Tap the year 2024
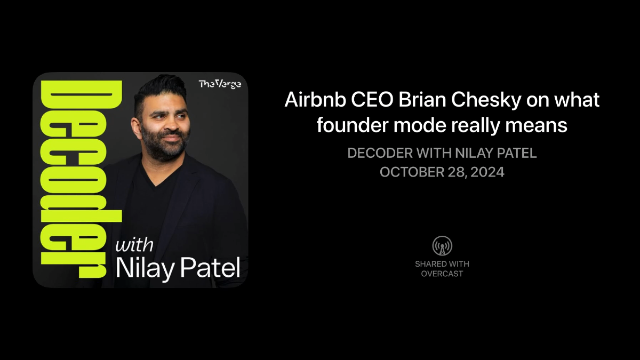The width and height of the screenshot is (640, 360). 487,172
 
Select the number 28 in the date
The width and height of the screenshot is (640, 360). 453,172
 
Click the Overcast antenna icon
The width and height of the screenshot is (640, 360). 442,246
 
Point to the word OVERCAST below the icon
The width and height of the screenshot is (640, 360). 442,274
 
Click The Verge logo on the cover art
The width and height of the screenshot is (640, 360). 220,84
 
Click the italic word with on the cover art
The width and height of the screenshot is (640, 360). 134,245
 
